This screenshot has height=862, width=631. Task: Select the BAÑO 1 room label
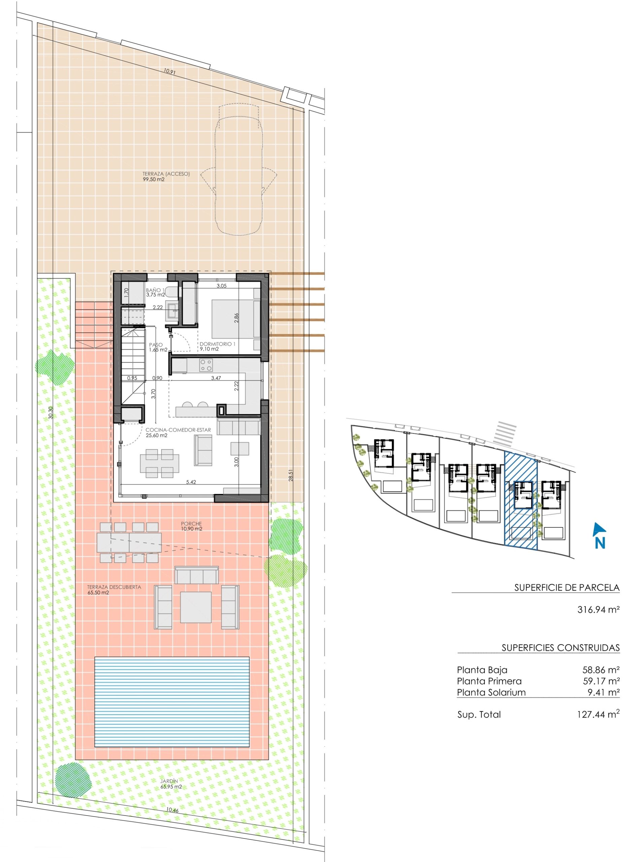pyautogui.click(x=155, y=292)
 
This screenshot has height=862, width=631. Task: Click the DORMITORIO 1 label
pyautogui.click(x=217, y=346)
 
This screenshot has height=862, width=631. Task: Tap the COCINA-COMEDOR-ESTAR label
pyautogui.click(x=178, y=432)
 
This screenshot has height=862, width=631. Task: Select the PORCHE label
pyautogui.click(x=191, y=526)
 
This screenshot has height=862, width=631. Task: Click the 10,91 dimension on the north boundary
pyautogui.click(x=170, y=71)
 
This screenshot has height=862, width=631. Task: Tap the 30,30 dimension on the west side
pyautogui.click(x=51, y=412)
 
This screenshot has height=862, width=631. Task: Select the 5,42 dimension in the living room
pyautogui.click(x=191, y=482)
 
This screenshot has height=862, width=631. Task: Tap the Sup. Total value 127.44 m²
pyautogui.click(x=598, y=715)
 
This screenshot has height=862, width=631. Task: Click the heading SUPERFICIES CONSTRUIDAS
pyautogui.click(x=560, y=648)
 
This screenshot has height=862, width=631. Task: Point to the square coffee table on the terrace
pyautogui.click(x=196, y=607)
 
